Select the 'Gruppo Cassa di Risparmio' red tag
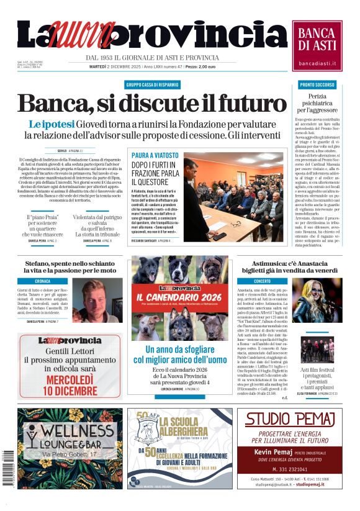pos(153,84)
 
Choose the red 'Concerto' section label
pos(261,281)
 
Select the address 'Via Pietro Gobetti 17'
pos(70,455)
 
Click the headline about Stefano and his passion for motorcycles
pos(66,267)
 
